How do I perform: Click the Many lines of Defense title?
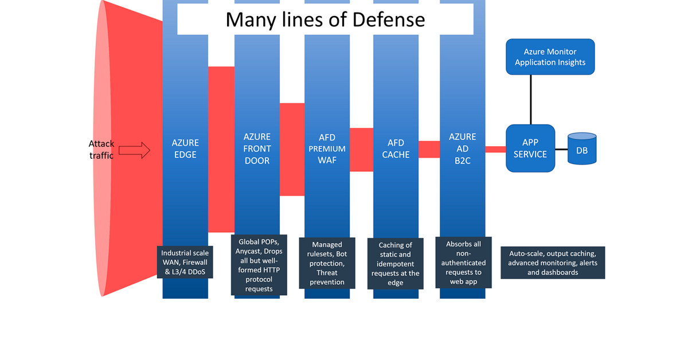pyautogui.click(x=325, y=20)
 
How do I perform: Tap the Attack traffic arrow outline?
pyautogui.click(x=134, y=151)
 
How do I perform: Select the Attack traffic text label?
pyautogui.click(x=101, y=149)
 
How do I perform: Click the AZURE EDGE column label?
pyautogui.click(x=185, y=148)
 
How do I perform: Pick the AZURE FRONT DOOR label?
pyautogui.click(x=257, y=148)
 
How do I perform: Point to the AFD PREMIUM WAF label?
pyautogui.click(x=327, y=148)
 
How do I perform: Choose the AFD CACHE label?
pyautogui.click(x=396, y=148)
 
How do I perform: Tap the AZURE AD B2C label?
pyautogui.click(x=463, y=148)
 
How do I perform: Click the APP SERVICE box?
pyautogui.click(x=530, y=148)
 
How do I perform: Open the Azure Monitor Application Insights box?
pyautogui.click(x=550, y=57)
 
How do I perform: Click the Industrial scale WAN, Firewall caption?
pyautogui.click(x=185, y=263)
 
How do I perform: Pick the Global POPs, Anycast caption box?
pyautogui.click(x=259, y=264)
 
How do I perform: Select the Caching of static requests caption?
pyautogui.click(x=396, y=264)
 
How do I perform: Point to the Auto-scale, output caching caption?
pyautogui.click(x=553, y=263)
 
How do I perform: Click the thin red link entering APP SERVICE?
pyautogui.click(x=496, y=149)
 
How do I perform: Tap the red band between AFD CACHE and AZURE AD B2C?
pyautogui.click(x=429, y=149)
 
